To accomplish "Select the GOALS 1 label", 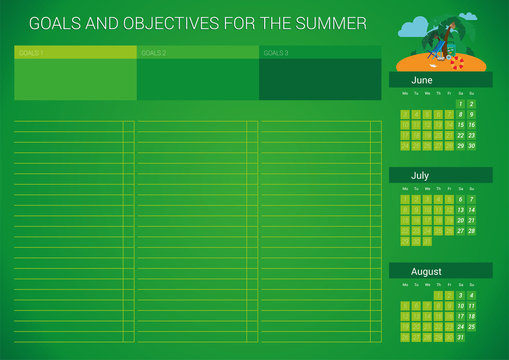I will [30, 53].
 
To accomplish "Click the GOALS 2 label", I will [153, 53].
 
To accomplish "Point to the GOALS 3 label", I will [276, 53].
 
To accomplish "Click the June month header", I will [421, 79].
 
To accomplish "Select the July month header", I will [420, 175].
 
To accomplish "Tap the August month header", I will [426, 271].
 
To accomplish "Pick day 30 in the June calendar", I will [471, 146].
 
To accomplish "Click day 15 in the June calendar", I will [460, 125].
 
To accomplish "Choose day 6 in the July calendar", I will [460, 199].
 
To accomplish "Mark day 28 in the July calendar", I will [471, 230].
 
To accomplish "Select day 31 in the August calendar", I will [460, 337].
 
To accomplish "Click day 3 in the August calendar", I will [460, 295].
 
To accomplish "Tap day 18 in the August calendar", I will [471, 316].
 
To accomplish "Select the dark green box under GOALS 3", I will [320, 79].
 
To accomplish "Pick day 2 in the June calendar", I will [471, 104].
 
